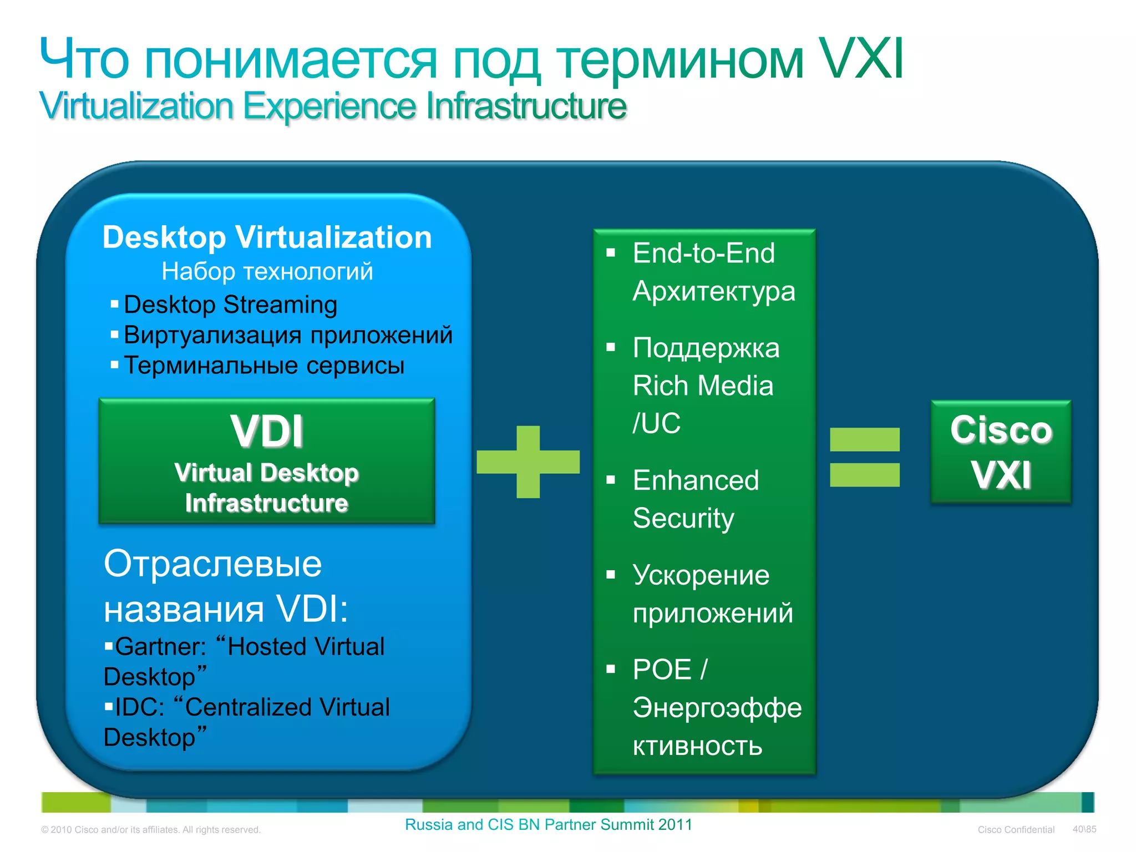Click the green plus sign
[x=528, y=461]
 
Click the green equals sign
[x=864, y=457]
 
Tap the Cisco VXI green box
[x=1001, y=452]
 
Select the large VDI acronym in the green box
[x=267, y=431]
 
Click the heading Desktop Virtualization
[x=267, y=237]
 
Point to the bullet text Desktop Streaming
[x=230, y=305]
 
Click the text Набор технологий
[x=267, y=271]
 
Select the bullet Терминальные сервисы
[x=264, y=366]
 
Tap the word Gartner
[x=160, y=647]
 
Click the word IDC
[x=139, y=707]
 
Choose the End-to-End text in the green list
[x=703, y=253]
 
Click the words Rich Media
[x=703, y=386]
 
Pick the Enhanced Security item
[x=696, y=499]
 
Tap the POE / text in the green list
[x=670, y=670]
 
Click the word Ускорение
[x=701, y=575]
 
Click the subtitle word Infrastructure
[x=526, y=106]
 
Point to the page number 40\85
[x=1084, y=829]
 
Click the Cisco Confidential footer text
[x=1016, y=830]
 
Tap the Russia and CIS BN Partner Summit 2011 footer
[x=549, y=825]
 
